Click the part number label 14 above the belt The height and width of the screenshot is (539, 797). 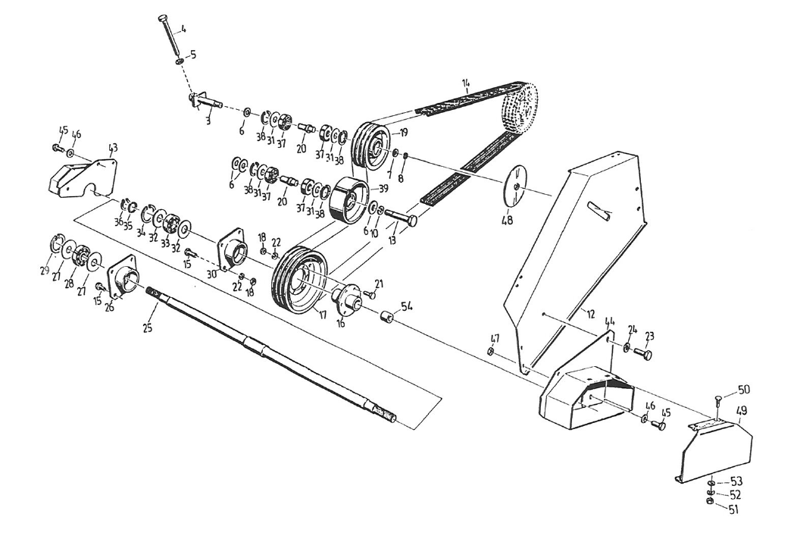point(466,83)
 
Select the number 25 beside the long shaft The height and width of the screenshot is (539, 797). point(148,328)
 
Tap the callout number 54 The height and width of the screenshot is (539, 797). point(408,306)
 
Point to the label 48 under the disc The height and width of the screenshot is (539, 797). point(508,220)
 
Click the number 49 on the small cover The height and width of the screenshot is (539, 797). point(741,411)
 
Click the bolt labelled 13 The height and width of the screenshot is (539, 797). point(402,217)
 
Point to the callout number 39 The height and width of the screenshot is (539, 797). point(384,188)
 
